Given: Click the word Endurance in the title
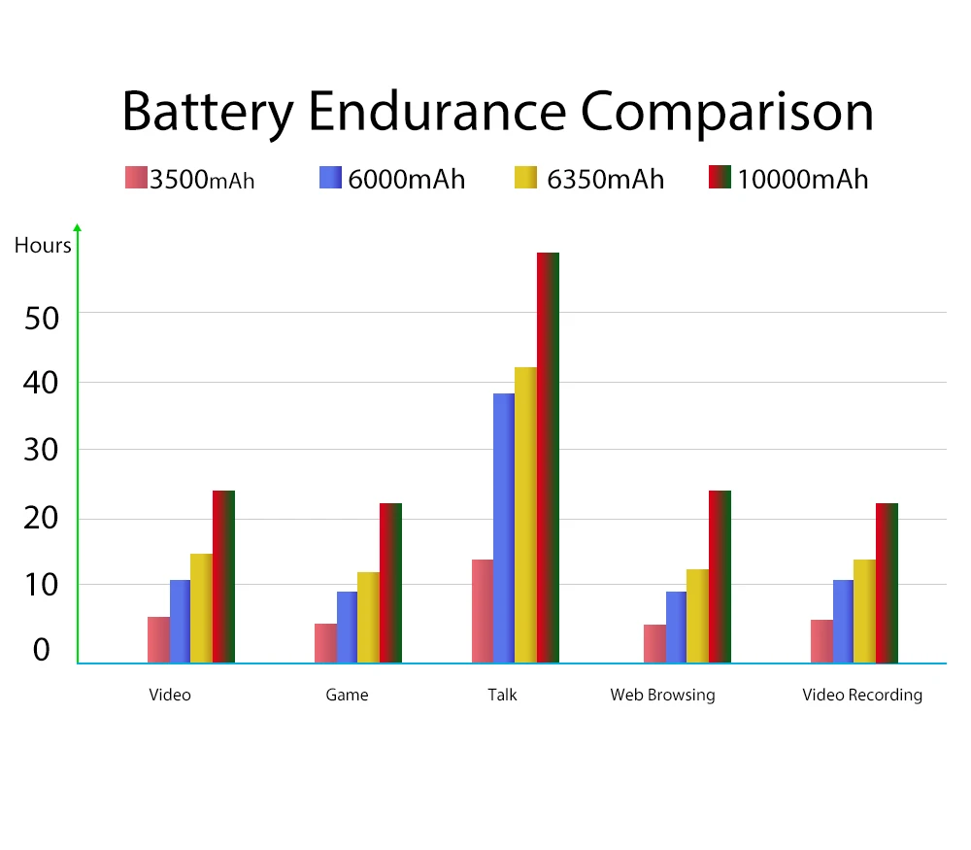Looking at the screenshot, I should [x=437, y=112].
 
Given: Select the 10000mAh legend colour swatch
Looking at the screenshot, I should [x=720, y=178].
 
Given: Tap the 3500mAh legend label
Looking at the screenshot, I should [x=202, y=180].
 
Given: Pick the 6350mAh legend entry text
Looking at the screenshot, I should [x=605, y=180].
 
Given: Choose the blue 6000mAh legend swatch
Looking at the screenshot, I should [x=330, y=178].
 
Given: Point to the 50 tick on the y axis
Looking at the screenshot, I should [x=42, y=318].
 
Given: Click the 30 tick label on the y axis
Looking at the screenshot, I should [x=42, y=451].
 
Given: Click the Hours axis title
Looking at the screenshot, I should [x=43, y=246].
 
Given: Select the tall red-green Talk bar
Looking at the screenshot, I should [x=548, y=457].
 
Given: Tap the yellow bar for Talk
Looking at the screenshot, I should [x=525, y=515].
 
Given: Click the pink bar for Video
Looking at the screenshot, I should [x=158, y=639].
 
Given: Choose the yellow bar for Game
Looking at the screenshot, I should [x=368, y=617].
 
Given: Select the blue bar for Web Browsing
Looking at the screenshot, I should [x=676, y=627].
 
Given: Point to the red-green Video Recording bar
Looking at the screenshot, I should [x=887, y=583].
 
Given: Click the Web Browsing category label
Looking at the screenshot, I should [x=662, y=695].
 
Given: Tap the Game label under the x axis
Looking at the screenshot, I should [x=347, y=695].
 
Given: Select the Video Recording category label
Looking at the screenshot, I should [x=861, y=695].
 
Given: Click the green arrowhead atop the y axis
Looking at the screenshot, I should [x=78, y=228].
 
